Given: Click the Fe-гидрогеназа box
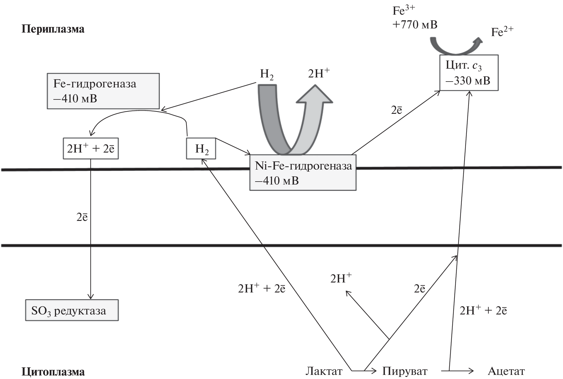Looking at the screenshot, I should click(103, 91).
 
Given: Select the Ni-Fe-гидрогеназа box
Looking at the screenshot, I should click(303, 173).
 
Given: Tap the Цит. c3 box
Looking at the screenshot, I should click(469, 73).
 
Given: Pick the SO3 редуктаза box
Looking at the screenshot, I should click(72, 310).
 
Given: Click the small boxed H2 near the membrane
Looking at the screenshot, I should click(201, 148).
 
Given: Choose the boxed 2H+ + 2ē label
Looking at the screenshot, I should click(91, 148).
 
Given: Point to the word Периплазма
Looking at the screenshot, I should click(53, 29).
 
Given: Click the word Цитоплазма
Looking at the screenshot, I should click(53, 372).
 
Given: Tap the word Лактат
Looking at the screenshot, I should click(324, 371).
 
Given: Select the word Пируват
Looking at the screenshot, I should click(405, 371).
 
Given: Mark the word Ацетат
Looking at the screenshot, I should click(506, 371).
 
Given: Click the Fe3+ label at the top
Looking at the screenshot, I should click(403, 11).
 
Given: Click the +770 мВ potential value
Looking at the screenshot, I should click(415, 25).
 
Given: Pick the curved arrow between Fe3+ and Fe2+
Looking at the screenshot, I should click(455, 47).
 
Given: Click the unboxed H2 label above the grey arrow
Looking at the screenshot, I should click(267, 74).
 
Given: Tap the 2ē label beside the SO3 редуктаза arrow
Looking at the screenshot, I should click(82, 217).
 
